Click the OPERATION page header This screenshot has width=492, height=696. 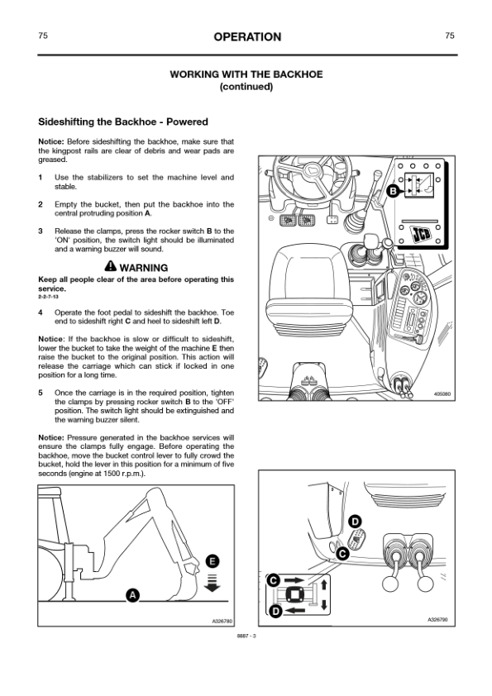[x=247, y=37]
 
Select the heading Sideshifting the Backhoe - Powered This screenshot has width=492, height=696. [x=123, y=122]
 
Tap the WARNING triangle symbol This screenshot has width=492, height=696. [x=111, y=266]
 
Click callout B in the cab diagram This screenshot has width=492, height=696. [x=393, y=192]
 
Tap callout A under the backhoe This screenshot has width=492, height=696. [x=132, y=595]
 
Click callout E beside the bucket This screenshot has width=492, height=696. [x=213, y=561]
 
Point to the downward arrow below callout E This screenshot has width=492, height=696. [x=213, y=584]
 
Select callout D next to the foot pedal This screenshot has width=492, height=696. [x=355, y=522]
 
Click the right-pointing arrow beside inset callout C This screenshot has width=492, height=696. [x=294, y=579]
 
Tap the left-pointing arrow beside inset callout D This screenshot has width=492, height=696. [x=294, y=611]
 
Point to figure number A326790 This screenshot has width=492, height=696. [x=437, y=619]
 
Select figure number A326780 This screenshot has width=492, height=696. [x=222, y=622]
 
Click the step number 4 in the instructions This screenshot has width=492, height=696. [x=41, y=312]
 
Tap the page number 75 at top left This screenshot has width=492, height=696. [x=43, y=36]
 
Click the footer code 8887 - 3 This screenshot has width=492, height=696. [x=246, y=636]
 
